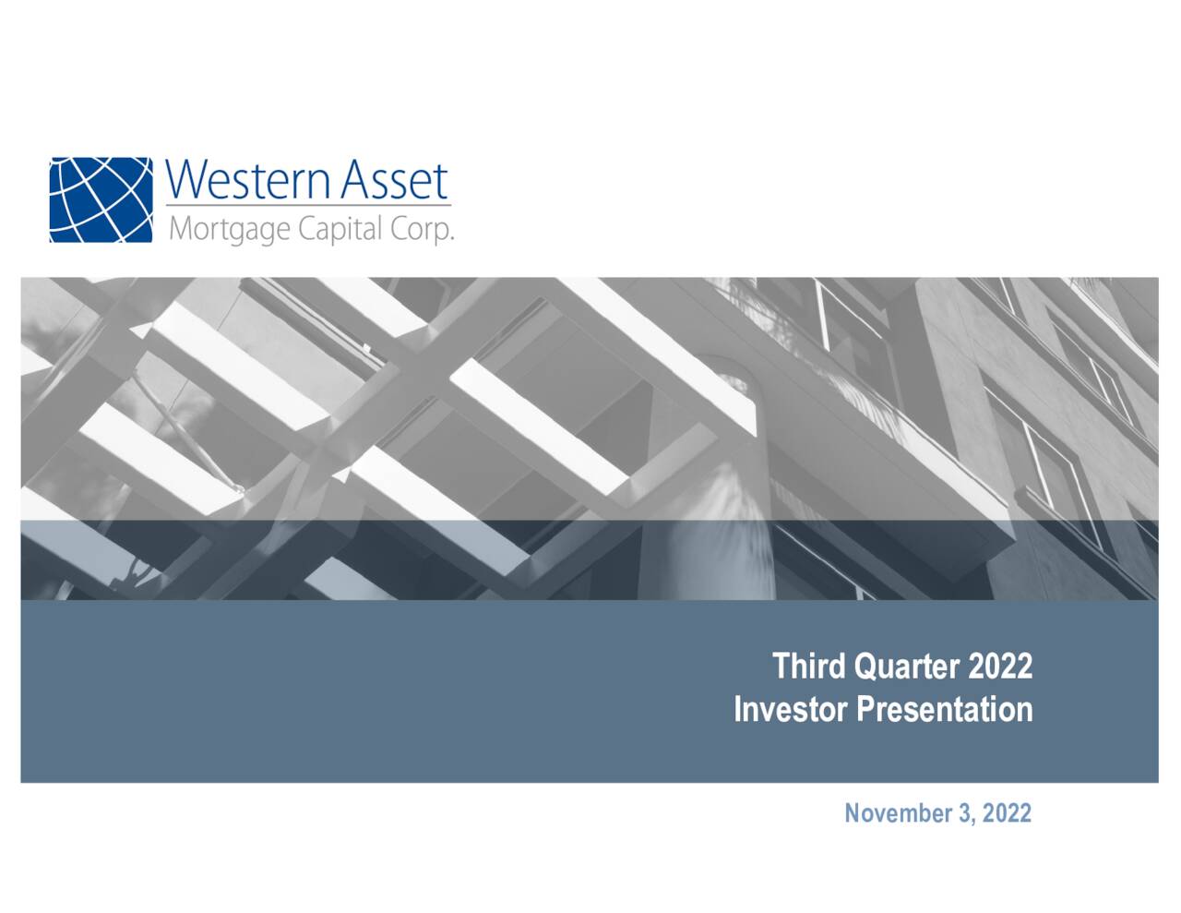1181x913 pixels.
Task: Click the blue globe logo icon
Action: (101, 199)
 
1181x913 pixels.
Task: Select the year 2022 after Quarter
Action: (1000, 666)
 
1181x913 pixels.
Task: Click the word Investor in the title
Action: (791, 709)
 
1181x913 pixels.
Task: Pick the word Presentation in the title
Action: (945, 709)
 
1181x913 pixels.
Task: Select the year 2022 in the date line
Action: (1007, 813)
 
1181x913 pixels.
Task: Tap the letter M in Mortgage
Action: (179, 228)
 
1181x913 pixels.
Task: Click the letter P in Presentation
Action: (865, 709)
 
